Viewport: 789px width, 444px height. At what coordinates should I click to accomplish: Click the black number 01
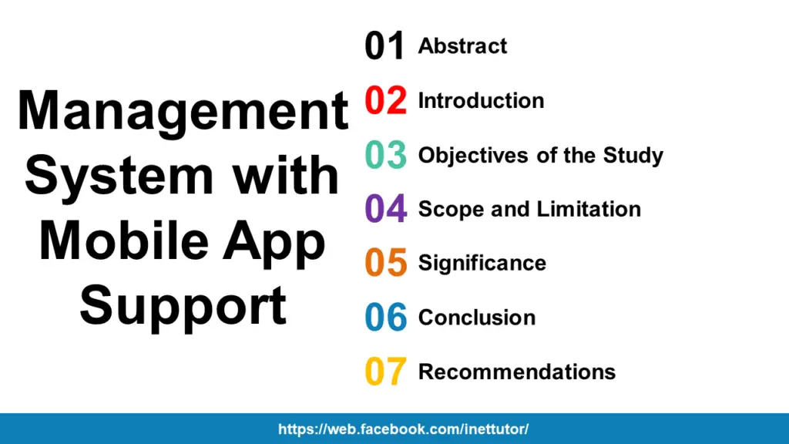point(384,47)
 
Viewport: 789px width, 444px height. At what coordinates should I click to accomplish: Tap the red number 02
point(385,101)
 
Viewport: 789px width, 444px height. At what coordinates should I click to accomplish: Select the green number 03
point(385,155)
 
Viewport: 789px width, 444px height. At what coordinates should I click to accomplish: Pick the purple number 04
point(385,209)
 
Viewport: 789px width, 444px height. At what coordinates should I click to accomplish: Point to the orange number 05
point(385,263)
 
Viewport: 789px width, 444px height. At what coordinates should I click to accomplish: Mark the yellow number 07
point(385,372)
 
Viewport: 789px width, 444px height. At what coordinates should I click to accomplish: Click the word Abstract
point(462,46)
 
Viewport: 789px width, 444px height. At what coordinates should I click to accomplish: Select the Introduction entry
point(481,101)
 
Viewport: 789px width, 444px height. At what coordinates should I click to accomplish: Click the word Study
point(633,156)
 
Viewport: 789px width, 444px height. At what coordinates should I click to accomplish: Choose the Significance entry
point(482,264)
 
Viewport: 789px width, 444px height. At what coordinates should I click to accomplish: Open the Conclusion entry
point(476,318)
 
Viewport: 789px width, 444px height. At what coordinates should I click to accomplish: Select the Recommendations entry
point(516,372)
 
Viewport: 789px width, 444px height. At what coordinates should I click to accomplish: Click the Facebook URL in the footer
point(403,429)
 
